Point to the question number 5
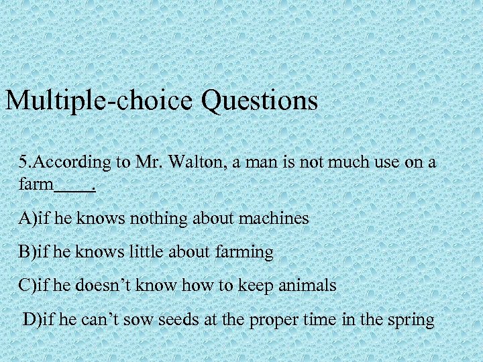pyautogui.click(x=23, y=162)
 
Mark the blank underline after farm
pyautogui.click(x=75, y=190)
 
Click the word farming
pyautogui.click(x=244, y=253)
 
